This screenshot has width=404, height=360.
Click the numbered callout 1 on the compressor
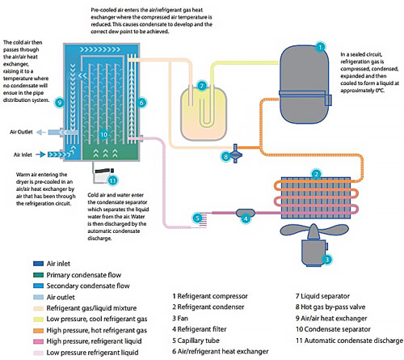tap(320, 48)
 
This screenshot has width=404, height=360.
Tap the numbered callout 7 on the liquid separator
tap(202, 86)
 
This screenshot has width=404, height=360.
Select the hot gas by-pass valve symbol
tap(236, 154)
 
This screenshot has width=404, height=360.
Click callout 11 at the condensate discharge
tap(112, 180)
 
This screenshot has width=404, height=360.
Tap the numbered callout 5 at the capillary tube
tap(197, 218)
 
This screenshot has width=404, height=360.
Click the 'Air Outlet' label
tap(21, 132)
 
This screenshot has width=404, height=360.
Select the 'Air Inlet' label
tap(23, 155)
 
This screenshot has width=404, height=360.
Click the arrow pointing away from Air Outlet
tap(41, 132)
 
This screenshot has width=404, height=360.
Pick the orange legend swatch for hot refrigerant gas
tap(38, 331)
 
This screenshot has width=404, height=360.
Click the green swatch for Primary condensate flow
tap(38, 275)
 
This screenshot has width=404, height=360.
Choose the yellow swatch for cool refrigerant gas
tap(38, 320)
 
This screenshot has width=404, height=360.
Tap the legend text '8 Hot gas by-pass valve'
tap(330, 307)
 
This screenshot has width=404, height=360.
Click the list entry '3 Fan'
tap(180, 318)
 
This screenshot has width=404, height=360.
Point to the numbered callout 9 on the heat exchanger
tap(60, 103)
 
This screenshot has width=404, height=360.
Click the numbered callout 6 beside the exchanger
tap(141, 103)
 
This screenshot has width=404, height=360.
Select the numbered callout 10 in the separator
tap(104, 134)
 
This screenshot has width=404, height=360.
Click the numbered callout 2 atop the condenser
tap(316, 174)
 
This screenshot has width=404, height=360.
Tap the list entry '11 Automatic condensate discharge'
tap(349, 341)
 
